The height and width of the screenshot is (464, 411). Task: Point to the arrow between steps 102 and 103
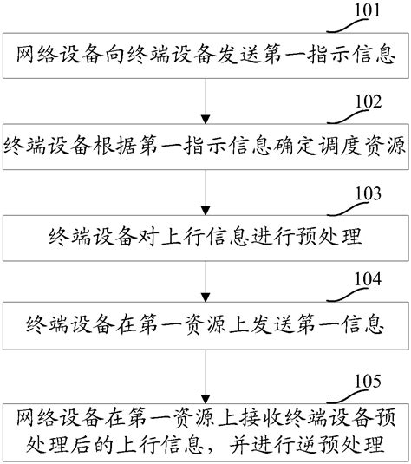pos(206,189)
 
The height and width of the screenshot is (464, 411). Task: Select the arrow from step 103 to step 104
pos(206,279)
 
